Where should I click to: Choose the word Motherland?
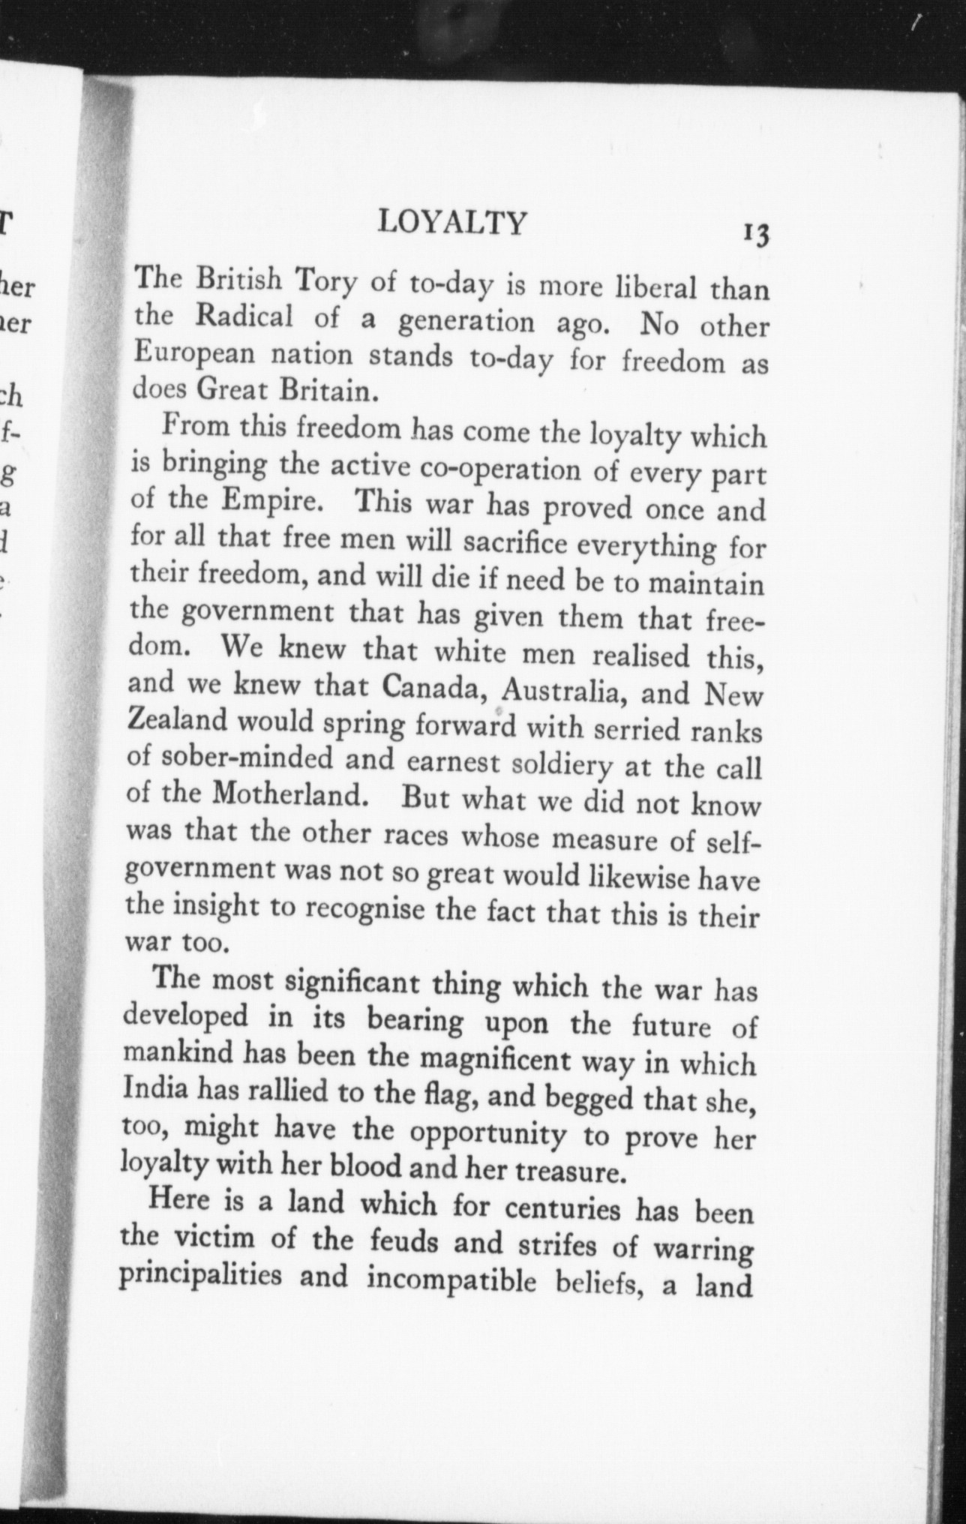pos(289,795)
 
